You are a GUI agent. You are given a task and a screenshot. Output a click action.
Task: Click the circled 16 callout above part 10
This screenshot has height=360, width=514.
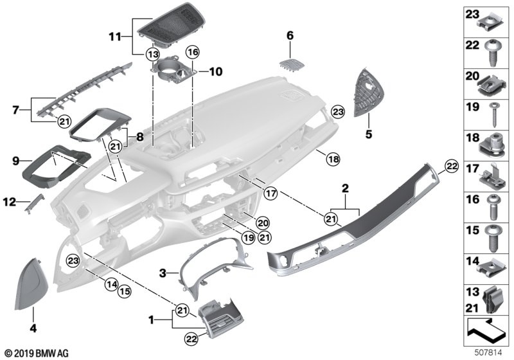point(193,51)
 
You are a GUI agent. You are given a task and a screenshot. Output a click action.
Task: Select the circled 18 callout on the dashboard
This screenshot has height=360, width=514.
point(333,158)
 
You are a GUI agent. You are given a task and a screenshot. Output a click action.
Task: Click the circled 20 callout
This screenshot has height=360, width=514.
point(262,223)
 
